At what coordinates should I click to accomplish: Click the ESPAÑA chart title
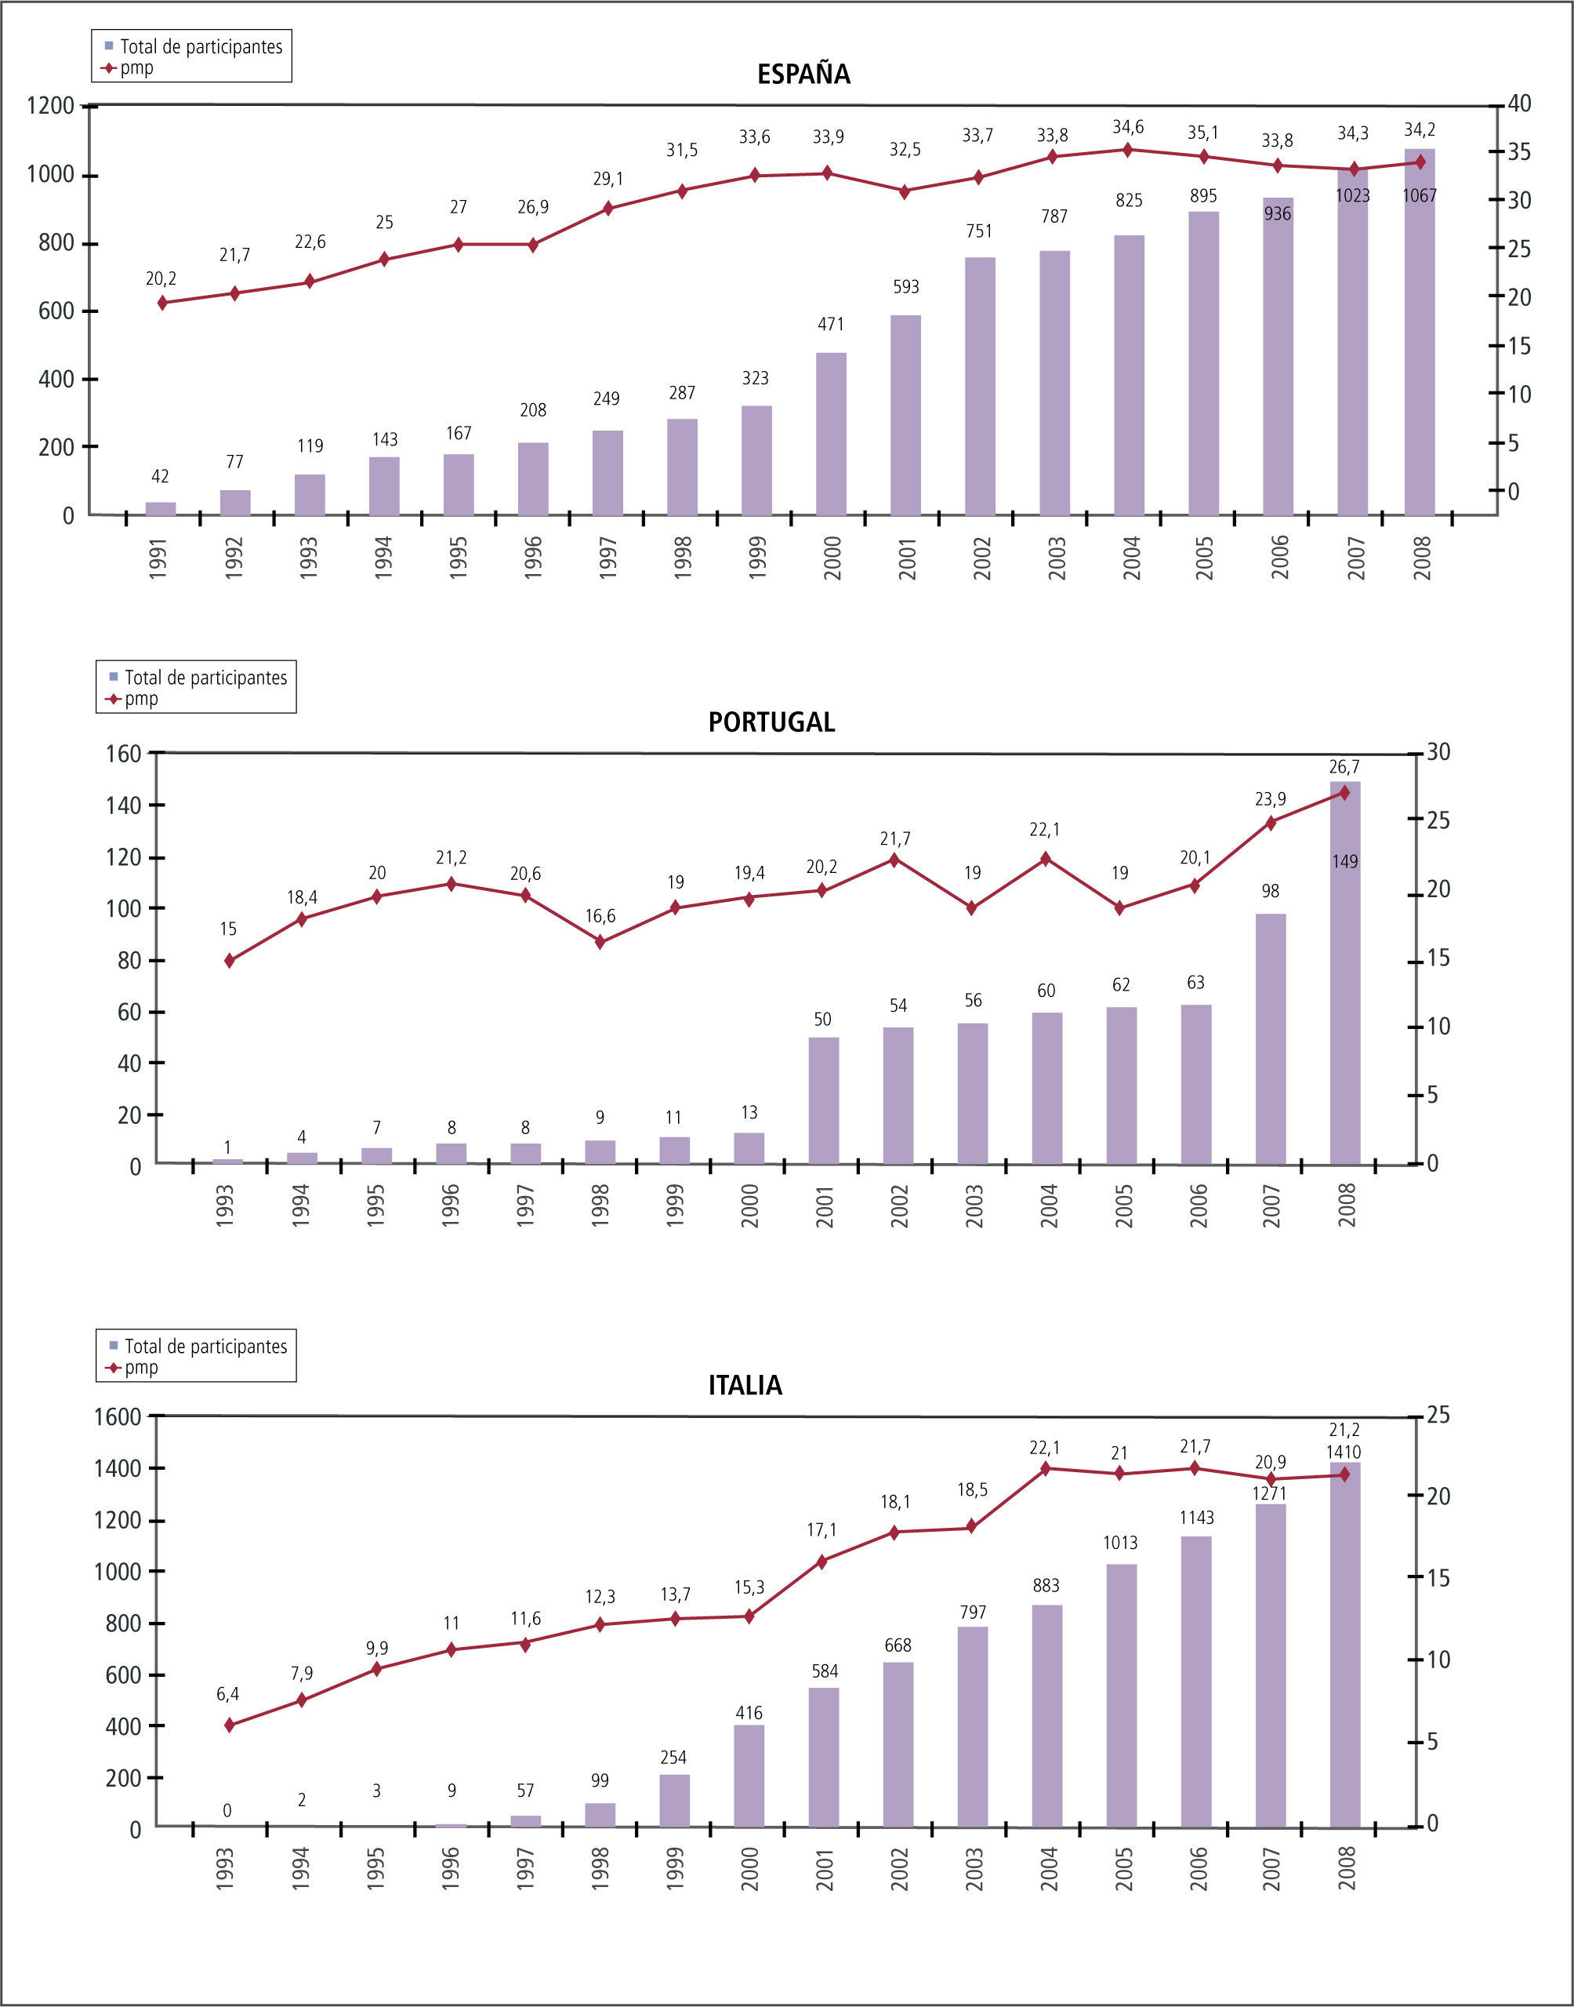(x=803, y=75)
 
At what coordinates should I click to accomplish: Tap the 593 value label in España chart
(x=906, y=287)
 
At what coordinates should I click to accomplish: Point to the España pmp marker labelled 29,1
(x=607, y=209)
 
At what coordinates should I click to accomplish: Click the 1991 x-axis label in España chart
(x=158, y=558)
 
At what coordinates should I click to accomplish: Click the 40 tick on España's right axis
(x=1518, y=104)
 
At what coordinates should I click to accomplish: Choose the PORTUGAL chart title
(x=771, y=722)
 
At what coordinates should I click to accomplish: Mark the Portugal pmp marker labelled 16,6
(x=600, y=942)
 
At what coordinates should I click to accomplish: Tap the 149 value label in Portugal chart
(x=1344, y=861)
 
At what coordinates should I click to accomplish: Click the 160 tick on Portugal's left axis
(x=124, y=753)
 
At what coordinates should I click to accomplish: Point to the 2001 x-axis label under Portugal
(x=825, y=1206)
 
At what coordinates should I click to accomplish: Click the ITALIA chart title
(x=745, y=1386)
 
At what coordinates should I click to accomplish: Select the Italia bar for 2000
(x=749, y=1776)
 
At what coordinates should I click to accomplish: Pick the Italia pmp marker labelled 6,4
(x=230, y=1725)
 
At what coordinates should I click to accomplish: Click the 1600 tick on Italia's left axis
(x=117, y=1416)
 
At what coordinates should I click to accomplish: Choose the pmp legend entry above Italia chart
(x=140, y=1368)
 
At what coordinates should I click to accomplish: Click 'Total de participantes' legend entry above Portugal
(x=205, y=678)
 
